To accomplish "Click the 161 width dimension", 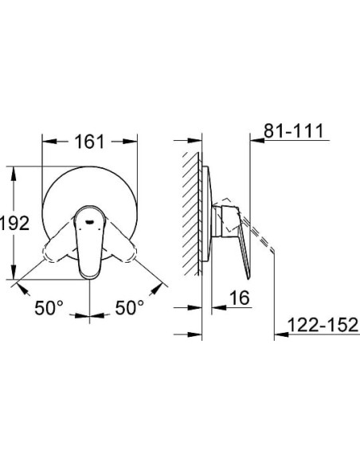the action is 89,142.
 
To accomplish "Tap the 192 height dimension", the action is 14,223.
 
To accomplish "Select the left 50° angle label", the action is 49,307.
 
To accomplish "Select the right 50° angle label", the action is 129,307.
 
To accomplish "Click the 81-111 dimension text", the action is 294,131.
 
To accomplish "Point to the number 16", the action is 240,298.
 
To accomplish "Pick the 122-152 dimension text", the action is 323,325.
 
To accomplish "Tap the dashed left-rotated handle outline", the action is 61,243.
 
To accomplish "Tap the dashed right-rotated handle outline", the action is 119,243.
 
